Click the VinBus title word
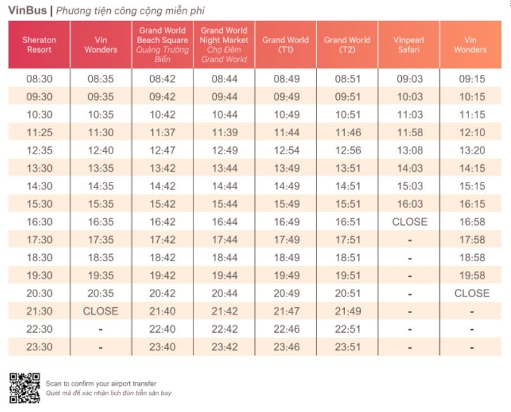pos(27,10)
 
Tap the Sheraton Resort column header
pos(39,44)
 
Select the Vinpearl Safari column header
pos(409,44)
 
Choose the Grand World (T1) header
pos(285,44)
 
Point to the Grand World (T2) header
pos(347,44)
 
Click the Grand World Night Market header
pos(224,44)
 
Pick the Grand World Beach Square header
pos(162,44)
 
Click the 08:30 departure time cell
pos(39,79)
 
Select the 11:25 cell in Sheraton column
pos(39,132)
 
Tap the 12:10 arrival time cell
pos(472,132)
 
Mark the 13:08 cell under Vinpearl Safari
pos(410,150)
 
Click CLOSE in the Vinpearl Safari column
pos(410,222)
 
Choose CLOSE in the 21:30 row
pos(100,311)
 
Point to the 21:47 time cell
pos(287,311)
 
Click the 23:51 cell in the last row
pos(347,347)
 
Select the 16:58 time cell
pos(472,222)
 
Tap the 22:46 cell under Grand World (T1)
pos(287,329)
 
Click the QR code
pos(25,388)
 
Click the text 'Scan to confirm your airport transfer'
pos(101,383)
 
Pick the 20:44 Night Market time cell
pos(224,293)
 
